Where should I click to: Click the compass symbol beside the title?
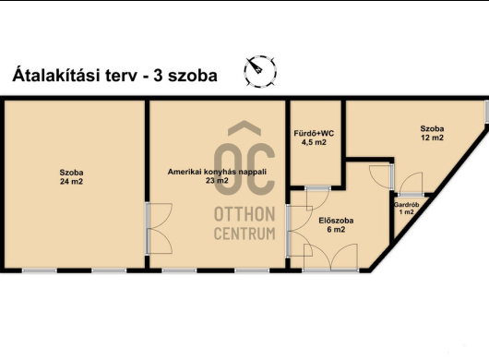coord(260,71)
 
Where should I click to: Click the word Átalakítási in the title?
coord(56,75)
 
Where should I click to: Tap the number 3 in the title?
coord(158,76)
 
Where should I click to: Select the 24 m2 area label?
coord(71,181)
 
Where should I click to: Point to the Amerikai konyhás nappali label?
coord(217,172)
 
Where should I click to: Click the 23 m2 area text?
coord(217,180)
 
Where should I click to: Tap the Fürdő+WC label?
coord(314,134)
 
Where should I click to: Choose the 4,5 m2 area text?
coord(314,142)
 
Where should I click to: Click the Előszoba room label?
coord(336,221)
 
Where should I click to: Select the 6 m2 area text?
coord(336,230)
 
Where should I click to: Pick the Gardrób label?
coord(406,205)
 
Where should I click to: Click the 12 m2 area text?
coord(432,138)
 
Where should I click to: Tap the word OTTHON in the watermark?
coord(244,214)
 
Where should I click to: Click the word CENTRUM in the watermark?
coord(244,234)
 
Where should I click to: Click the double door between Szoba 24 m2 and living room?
coord(159,228)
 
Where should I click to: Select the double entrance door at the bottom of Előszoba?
coord(330,258)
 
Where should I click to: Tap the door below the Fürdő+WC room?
coord(317,198)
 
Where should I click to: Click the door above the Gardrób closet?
coord(411,185)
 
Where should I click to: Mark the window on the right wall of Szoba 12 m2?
coord(487,112)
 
